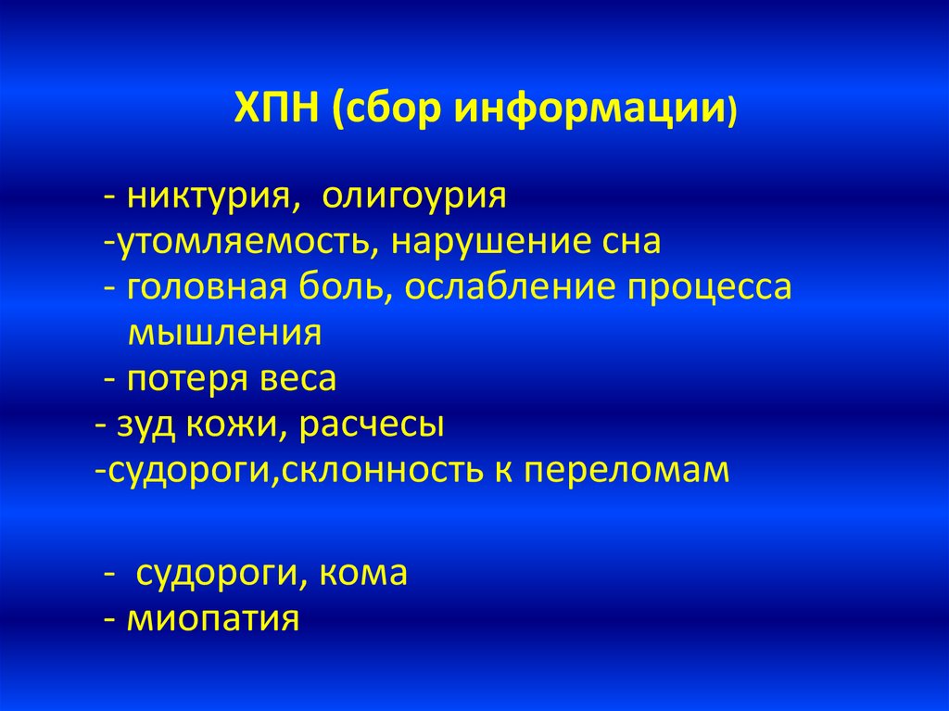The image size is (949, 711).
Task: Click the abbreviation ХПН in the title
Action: click(276, 108)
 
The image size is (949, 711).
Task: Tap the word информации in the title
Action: click(590, 110)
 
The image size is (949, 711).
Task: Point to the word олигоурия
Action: click(414, 197)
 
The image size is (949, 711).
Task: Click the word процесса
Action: click(709, 288)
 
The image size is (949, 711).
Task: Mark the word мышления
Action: click(224, 333)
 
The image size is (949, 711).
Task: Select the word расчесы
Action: click(372, 425)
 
